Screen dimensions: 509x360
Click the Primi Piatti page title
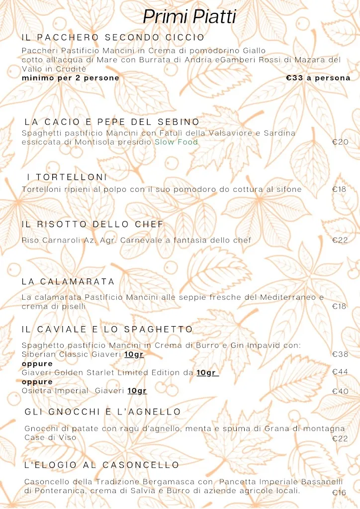(x=189, y=16)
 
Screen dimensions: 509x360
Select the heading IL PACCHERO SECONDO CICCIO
(x=113, y=38)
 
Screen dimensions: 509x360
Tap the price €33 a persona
(x=318, y=78)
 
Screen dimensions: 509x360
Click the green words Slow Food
(x=176, y=142)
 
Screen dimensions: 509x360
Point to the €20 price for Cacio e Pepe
(x=340, y=142)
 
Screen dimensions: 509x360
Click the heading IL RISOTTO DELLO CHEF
(x=92, y=225)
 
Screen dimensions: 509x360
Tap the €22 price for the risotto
(x=340, y=241)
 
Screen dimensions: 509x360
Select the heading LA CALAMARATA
(x=68, y=282)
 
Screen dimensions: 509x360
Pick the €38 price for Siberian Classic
(x=340, y=354)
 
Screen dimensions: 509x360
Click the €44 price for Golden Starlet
(x=340, y=372)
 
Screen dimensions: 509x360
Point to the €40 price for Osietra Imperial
(x=340, y=391)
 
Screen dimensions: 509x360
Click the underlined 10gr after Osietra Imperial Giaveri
(x=137, y=391)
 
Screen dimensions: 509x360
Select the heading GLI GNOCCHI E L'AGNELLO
(x=103, y=412)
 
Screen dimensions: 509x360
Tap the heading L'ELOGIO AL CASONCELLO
(x=102, y=465)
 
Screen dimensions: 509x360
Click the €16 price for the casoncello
(x=339, y=493)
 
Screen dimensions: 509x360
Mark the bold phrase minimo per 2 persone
(x=71, y=78)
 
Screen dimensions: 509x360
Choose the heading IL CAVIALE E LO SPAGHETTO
(x=107, y=330)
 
